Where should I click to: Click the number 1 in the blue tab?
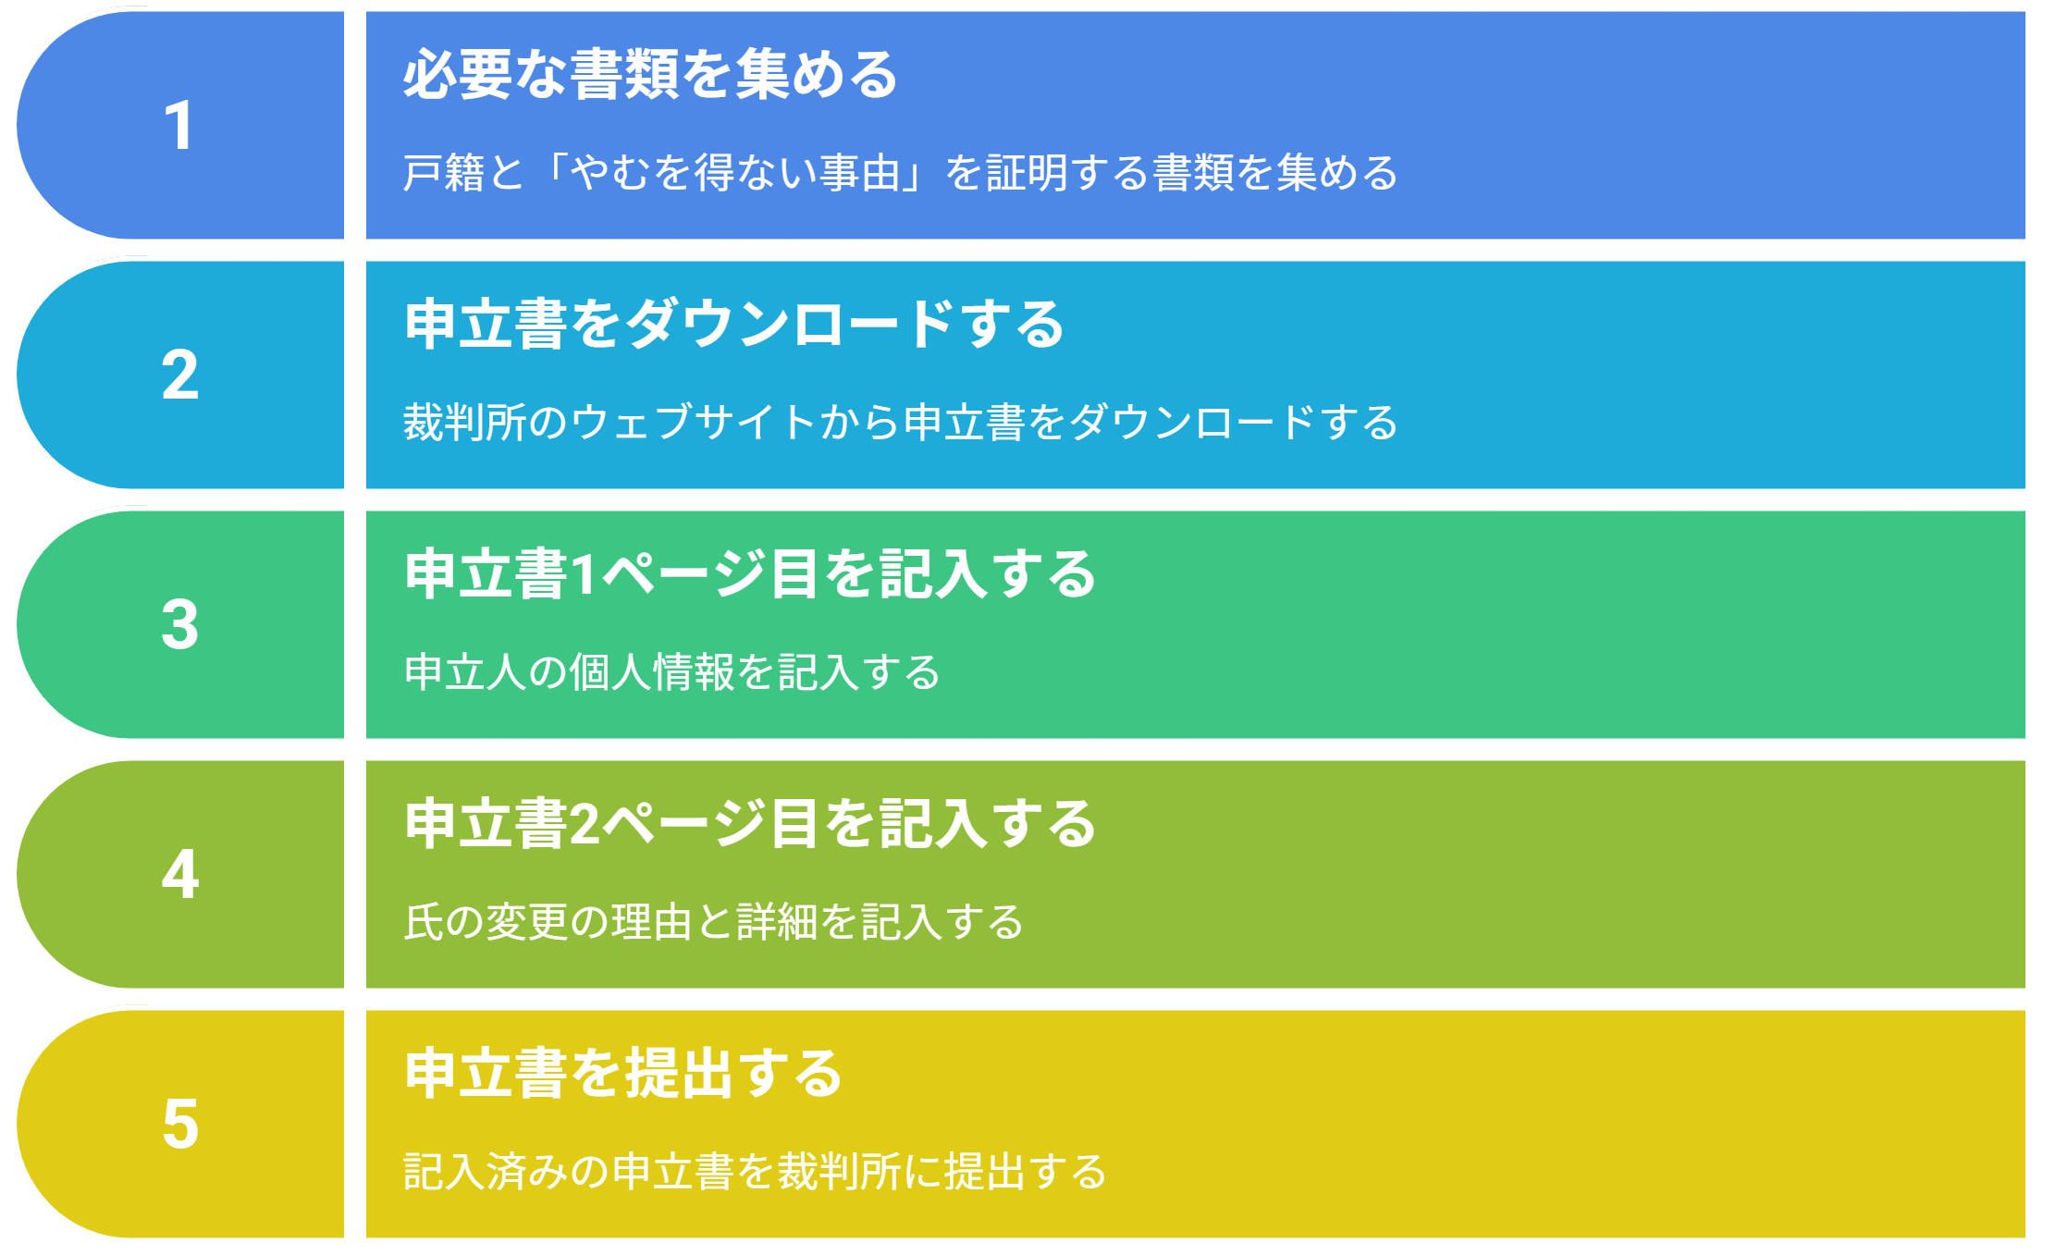(x=178, y=125)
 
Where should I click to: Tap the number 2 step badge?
(x=180, y=375)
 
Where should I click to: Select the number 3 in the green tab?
(x=180, y=624)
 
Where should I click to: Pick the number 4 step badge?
(x=180, y=874)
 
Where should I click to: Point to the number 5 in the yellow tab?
(x=180, y=1124)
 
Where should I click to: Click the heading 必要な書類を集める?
(x=651, y=74)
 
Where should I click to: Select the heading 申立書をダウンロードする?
(x=734, y=324)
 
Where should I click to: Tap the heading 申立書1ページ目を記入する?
(x=750, y=573)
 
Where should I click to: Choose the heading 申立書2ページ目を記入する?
(x=750, y=823)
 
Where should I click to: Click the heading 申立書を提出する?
(x=623, y=1073)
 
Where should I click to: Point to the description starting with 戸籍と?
(x=901, y=173)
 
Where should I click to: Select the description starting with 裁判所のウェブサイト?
(x=901, y=423)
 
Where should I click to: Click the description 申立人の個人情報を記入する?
(x=672, y=672)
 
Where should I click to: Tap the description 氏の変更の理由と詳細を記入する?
(x=714, y=922)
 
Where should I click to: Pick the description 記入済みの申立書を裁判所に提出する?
(x=756, y=1172)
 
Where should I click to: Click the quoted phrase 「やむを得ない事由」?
(x=734, y=173)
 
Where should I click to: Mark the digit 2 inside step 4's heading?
(x=585, y=825)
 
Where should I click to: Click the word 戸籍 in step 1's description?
(x=444, y=173)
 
